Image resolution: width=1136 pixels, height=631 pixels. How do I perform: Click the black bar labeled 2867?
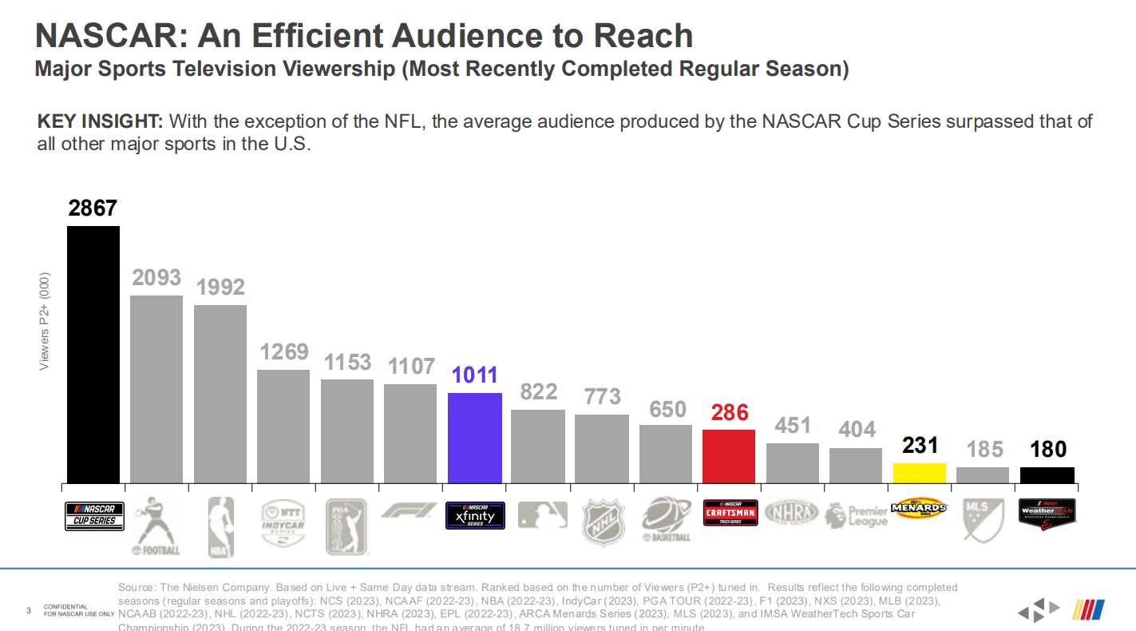(x=93, y=355)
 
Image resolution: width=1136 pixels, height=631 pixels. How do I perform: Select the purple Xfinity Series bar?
(x=475, y=438)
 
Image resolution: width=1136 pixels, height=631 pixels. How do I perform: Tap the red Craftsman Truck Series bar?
(x=729, y=456)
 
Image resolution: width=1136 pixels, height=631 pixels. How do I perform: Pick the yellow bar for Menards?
(x=920, y=473)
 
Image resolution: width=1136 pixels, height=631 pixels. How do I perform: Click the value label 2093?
(x=156, y=278)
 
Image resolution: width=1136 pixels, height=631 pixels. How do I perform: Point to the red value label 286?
(x=730, y=412)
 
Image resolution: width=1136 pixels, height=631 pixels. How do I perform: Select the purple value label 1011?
(x=474, y=375)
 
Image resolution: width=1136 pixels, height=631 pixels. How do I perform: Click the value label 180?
(x=1047, y=450)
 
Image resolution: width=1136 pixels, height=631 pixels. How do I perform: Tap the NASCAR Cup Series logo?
(x=93, y=516)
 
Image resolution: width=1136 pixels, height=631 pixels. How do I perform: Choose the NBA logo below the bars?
(x=220, y=526)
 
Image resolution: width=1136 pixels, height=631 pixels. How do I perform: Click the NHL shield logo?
(x=602, y=522)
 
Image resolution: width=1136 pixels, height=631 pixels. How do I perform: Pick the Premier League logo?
(x=856, y=515)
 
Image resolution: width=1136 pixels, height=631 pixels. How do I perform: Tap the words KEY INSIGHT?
(x=100, y=122)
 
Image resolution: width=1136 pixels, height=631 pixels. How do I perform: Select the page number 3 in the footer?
(x=29, y=612)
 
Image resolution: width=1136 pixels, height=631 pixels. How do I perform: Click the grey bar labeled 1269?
(x=283, y=426)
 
